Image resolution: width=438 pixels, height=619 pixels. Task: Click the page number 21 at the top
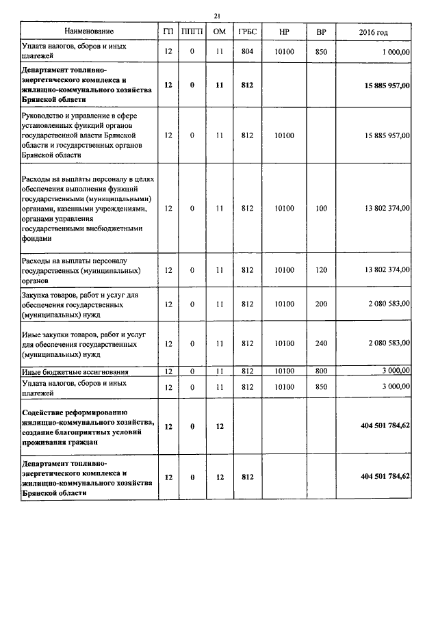point(217,15)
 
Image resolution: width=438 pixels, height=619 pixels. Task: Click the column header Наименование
point(89,31)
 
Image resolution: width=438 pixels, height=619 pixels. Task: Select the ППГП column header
point(192,31)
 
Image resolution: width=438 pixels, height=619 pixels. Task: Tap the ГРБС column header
point(248,31)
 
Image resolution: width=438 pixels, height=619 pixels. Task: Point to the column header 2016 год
point(373,31)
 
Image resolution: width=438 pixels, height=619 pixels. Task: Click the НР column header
point(284,31)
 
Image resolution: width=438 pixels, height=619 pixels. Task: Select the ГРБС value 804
point(248,51)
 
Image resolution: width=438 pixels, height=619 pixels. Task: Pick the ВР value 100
point(321,208)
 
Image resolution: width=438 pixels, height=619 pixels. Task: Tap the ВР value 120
point(321,270)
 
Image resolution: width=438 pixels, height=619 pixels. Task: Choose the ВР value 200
point(321,303)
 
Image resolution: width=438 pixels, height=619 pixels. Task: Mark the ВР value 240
point(321,343)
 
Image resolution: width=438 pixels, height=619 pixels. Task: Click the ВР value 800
point(321,371)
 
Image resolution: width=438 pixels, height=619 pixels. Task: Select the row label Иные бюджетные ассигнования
point(75,371)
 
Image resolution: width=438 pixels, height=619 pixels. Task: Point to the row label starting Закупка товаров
point(81,303)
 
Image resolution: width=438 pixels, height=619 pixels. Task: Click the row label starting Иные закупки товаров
point(81,343)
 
